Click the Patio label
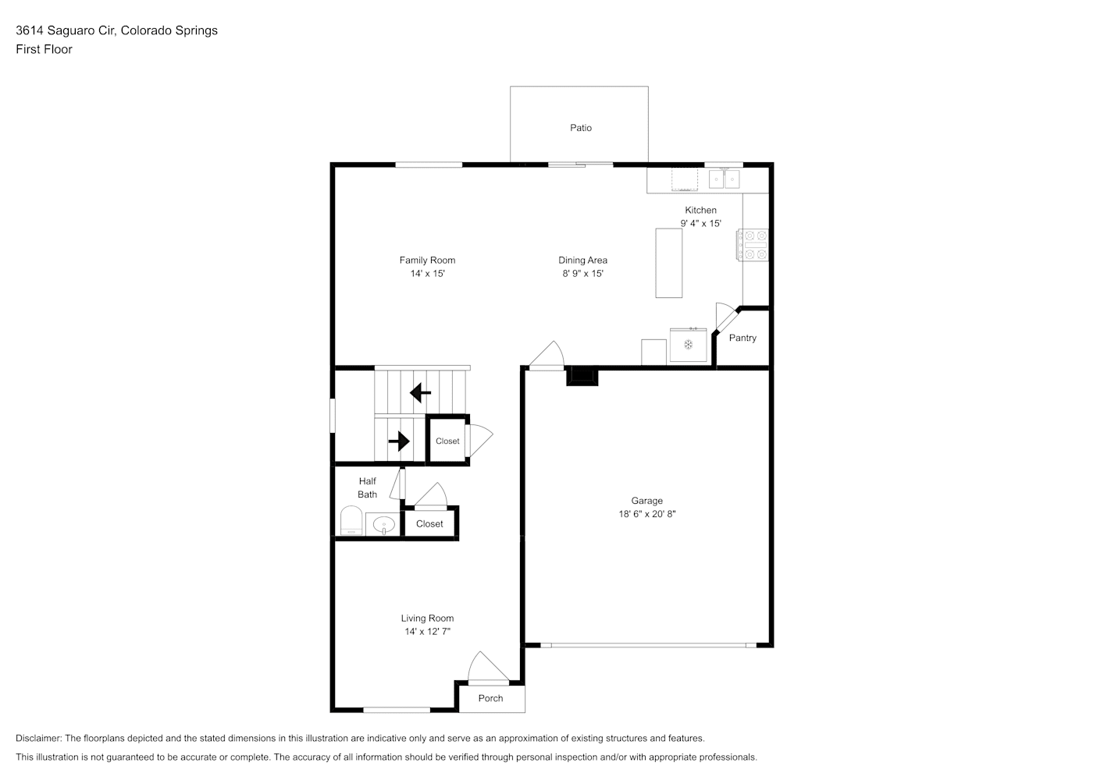tap(581, 128)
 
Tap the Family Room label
tap(427, 260)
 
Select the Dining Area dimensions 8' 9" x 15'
tap(583, 273)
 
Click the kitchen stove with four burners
tap(753, 245)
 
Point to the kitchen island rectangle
tap(669, 263)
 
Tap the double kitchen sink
tap(725, 179)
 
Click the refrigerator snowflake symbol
tap(688, 345)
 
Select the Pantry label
tap(743, 338)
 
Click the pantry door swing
tap(726, 317)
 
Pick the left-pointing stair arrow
tap(420, 393)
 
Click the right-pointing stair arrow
tap(399, 441)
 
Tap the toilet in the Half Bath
tap(351, 520)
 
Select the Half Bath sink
tap(383, 524)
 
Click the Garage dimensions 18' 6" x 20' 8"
tap(647, 514)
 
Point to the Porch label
tap(490, 698)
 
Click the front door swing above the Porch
tap(489, 668)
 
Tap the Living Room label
tap(427, 619)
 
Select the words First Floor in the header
tap(44, 49)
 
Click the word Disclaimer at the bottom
tap(39, 738)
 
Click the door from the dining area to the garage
tap(546, 356)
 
